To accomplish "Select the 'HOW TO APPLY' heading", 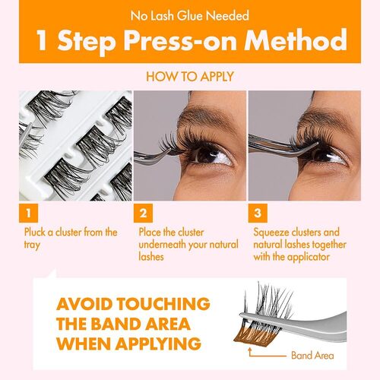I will pyautogui.click(x=190, y=76).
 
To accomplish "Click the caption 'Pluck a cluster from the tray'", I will pyautogui.click(x=68, y=239).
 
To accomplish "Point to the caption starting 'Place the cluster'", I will pyautogui.click(x=187, y=245).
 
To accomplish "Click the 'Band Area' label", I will pyautogui.click(x=312, y=356).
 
